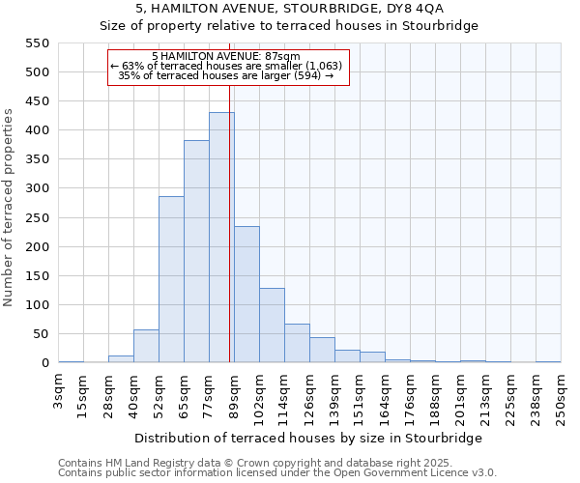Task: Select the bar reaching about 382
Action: (196, 251)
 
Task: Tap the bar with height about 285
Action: (171, 279)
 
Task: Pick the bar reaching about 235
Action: (246, 295)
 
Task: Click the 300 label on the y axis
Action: (38, 188)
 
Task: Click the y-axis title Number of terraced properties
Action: (10, 208)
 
